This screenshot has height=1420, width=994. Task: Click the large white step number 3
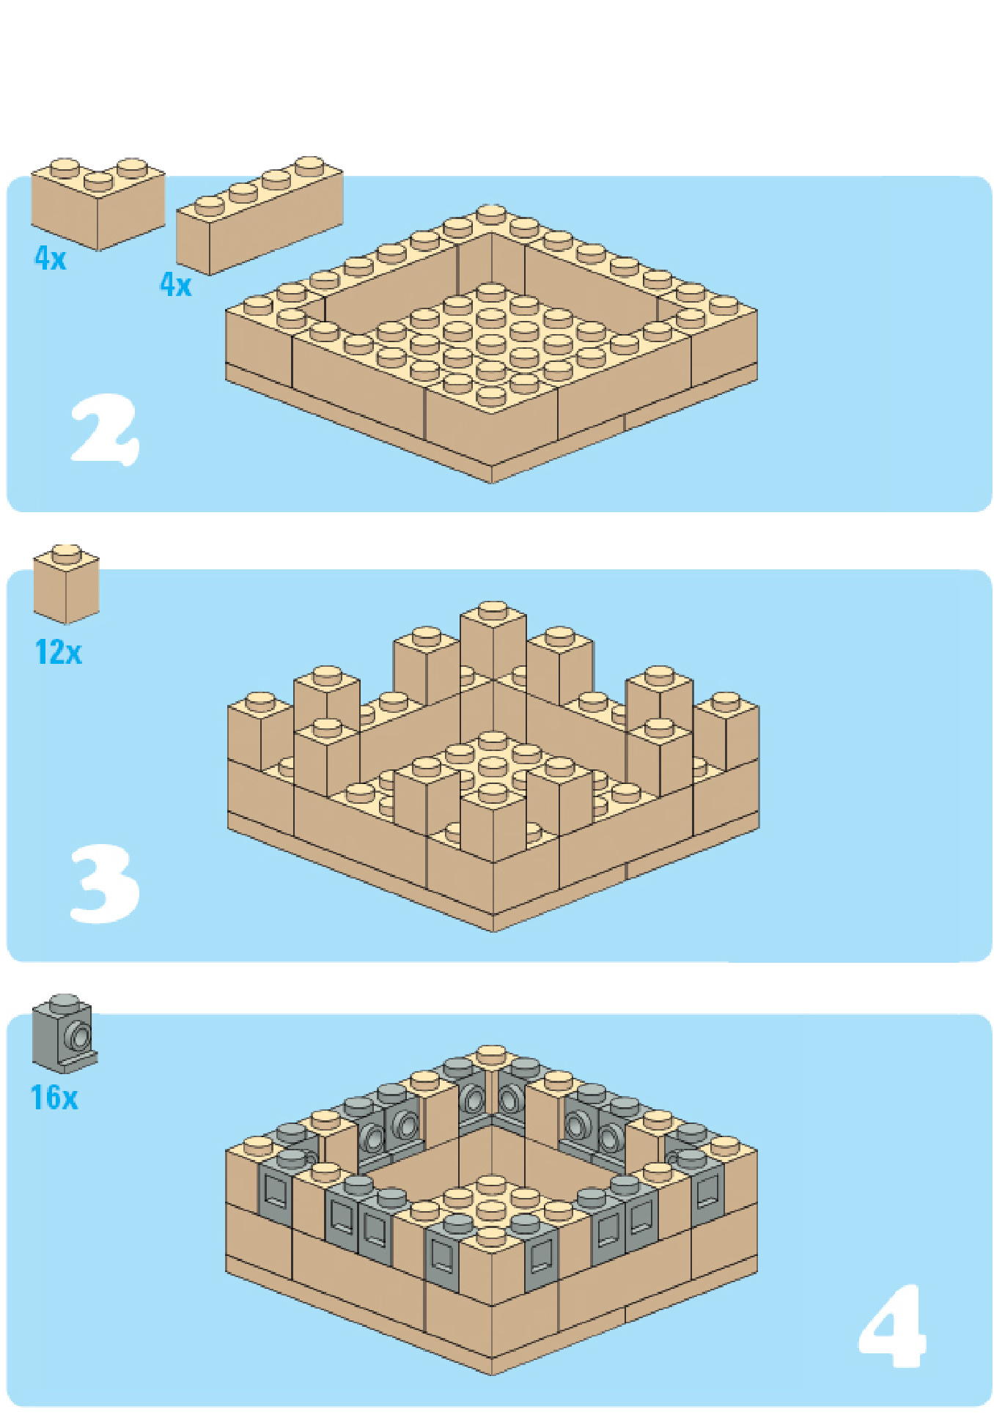point(105,883)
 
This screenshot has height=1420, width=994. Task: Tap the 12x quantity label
point(59,652)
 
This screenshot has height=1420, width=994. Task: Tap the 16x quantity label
point(54,1098)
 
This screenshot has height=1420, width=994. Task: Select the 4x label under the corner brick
point(51,259)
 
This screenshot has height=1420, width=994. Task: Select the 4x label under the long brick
point(176,284)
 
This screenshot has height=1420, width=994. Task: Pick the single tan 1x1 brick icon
point(66,585)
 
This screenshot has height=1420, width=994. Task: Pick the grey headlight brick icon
point(65,1033)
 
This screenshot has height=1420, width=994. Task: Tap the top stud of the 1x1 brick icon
point(66,553)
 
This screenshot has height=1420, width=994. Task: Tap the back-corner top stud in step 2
point(491,214)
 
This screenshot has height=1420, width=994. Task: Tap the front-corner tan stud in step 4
point(491,1237)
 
